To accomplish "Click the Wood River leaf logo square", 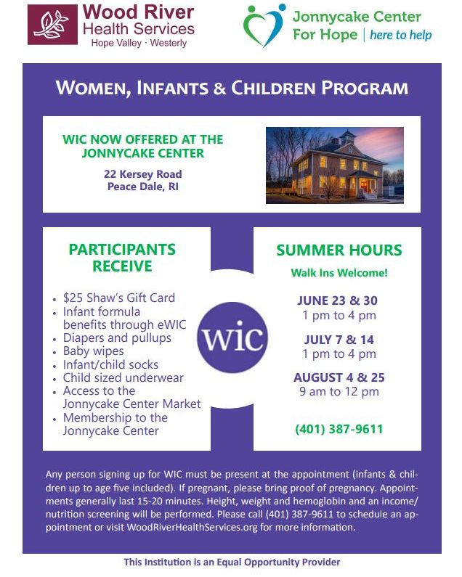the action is [53, 25].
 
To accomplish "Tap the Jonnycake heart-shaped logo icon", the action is [264, 25].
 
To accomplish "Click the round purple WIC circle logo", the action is [232, 337].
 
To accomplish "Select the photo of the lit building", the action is [335, 165].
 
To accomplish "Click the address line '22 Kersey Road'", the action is [143, 173].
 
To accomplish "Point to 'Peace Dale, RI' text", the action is [143, 187].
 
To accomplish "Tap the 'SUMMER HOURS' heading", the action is [339, 250].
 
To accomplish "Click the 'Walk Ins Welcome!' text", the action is [339, 273].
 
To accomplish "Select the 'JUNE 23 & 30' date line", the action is [338, 300].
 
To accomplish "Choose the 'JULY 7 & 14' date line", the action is [339, 339].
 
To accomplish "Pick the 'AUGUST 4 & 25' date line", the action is [339, 377].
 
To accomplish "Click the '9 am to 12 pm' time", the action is [339, 391].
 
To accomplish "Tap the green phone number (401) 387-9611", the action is [339, 429].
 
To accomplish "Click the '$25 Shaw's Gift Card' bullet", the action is [119, 298].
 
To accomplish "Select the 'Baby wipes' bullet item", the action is [93, 351].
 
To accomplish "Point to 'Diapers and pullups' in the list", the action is [117, 337].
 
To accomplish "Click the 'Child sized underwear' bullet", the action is [123, 377].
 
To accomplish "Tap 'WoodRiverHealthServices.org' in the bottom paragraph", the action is [192, 527].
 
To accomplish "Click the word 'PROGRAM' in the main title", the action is [365, 89].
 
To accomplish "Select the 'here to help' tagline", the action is [401, 35].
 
